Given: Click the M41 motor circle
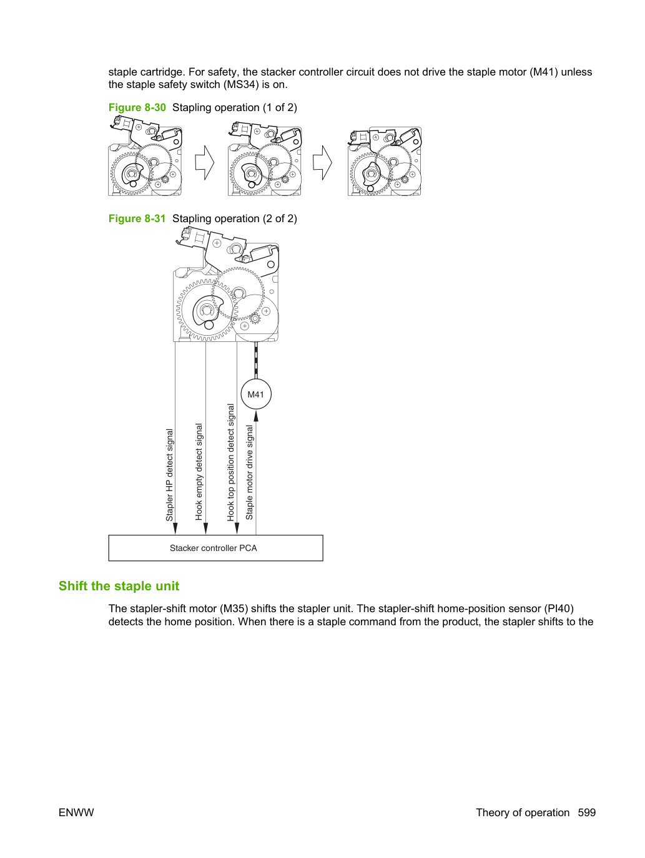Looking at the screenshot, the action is point(256,394).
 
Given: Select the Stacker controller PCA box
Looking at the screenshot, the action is point(215,548).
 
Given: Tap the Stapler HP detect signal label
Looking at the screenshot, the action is point(169,475).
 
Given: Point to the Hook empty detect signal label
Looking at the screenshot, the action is point(199,472).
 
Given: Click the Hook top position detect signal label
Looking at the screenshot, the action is point(231,462).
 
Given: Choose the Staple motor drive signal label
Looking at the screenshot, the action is point(249,472).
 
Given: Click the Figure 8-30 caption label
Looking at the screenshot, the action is point(137,107).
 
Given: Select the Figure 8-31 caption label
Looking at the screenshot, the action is point(137,218).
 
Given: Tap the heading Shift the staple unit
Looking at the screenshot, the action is point(119,585).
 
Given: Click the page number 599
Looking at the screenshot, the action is point(587,812).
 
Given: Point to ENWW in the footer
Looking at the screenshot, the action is point(76,812).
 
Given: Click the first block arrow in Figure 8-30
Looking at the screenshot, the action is point(205,163).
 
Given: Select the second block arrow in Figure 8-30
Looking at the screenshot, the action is point(322,163).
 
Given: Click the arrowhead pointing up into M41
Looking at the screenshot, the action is point(256,416).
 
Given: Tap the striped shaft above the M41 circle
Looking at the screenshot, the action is point(256,360).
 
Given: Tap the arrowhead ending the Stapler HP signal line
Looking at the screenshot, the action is point(175,529).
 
